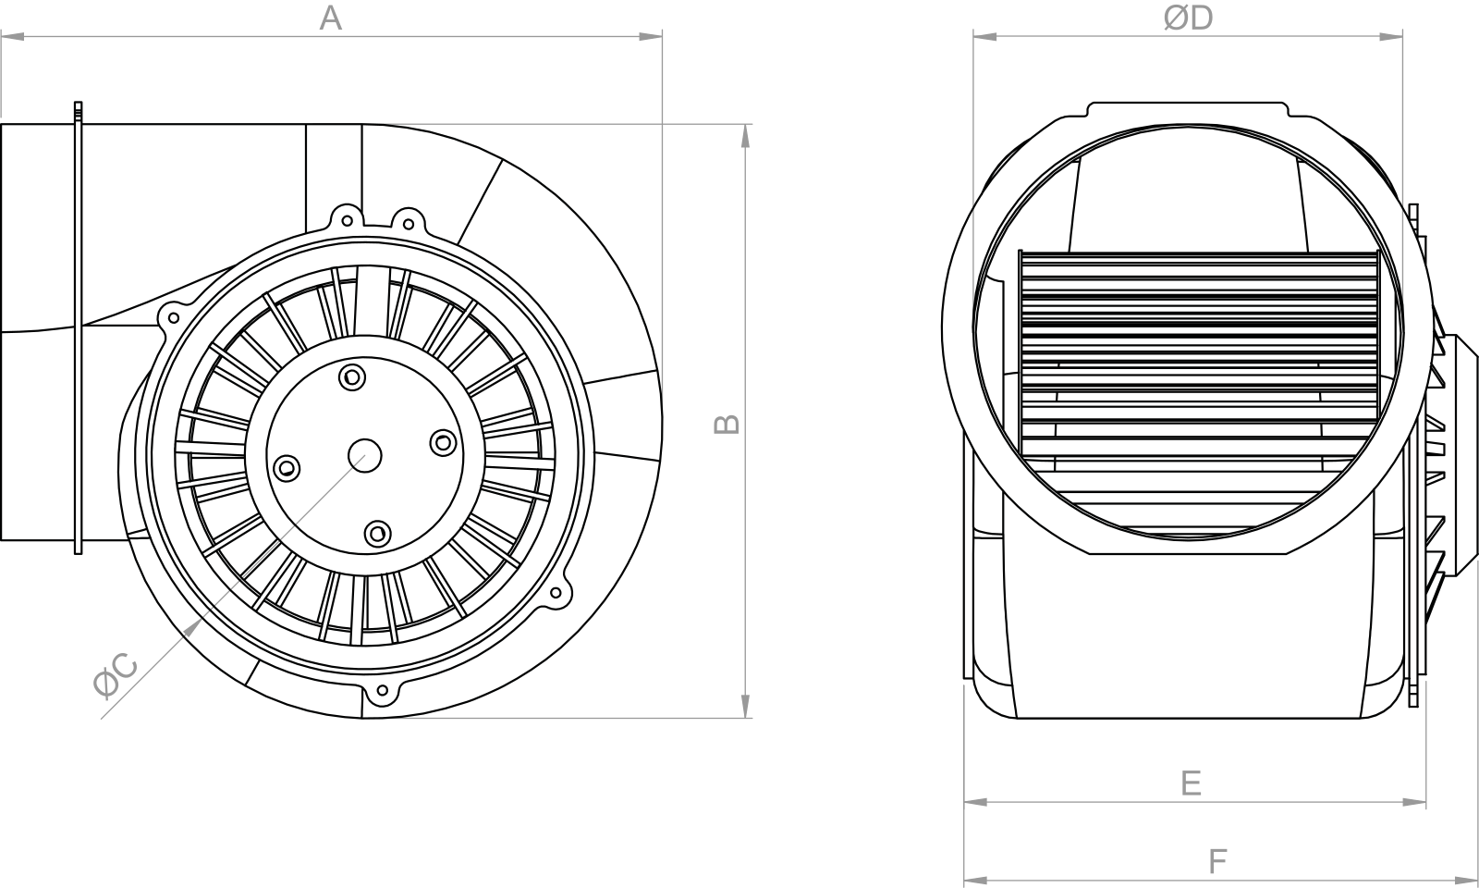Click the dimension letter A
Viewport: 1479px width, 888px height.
coord(331,18)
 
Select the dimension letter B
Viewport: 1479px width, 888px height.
coord(727,425)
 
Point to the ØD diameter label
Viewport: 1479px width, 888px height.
coord(1188,18)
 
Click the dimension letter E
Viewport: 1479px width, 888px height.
coord(1191,783)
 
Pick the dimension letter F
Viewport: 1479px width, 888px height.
coord(1217,861)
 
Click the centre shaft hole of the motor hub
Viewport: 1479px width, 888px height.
coord(364,456)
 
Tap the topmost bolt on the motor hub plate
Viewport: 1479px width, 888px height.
coord(352,377)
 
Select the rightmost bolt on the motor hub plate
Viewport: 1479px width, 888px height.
coord(443,442)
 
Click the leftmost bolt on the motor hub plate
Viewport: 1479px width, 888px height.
coord(286,468)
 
